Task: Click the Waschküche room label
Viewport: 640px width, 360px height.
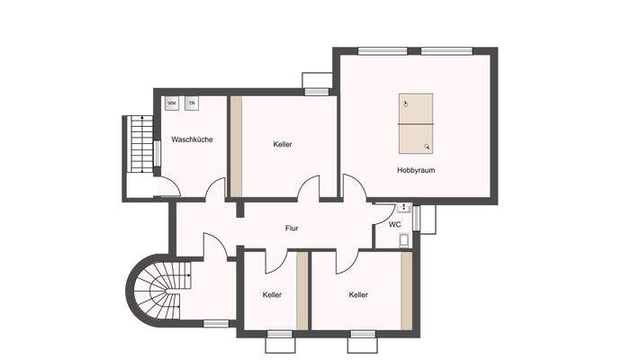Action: pos(192,139)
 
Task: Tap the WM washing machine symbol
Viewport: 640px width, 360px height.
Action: pos(171,103)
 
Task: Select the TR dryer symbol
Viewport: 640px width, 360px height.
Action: pos(192,103)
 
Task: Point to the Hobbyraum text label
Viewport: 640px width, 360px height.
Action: pos(416,169)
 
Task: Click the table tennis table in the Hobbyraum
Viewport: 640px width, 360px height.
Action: pos(416,125)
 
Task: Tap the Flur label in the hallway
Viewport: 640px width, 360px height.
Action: pos(292,229)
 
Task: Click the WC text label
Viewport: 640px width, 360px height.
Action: pos(394,224)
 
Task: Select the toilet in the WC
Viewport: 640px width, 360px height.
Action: pos(403,208)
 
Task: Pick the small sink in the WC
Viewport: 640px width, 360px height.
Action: pos(405,239)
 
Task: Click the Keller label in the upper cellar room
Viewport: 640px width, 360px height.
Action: pos(283,144)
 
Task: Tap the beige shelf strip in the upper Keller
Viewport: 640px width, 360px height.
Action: pos(236,146)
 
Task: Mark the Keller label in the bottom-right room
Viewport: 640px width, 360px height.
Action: pos(358,294)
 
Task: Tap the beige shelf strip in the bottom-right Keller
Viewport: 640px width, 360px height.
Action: pos(407,291)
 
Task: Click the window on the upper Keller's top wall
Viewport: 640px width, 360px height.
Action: pos(315,91)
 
